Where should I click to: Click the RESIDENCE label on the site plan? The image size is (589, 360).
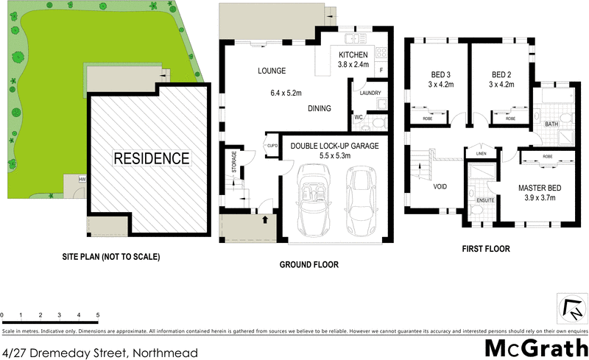pos(151,158)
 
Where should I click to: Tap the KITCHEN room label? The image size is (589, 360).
pos(352,56)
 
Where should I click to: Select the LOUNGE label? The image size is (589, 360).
pos(271,71)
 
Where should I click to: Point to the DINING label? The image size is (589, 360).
pos(319,108)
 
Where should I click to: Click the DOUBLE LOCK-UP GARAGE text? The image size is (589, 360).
pos(334,146)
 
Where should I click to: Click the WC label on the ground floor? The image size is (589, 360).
pos(359,117)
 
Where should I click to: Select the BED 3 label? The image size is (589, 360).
pos(441,74)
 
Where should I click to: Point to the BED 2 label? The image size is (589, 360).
pos(501,74)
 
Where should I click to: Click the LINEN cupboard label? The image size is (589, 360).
pos(482,153)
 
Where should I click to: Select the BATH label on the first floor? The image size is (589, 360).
pos(551,124)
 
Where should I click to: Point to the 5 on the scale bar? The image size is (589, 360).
pos(98,315)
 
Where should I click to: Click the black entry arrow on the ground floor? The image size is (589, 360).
pos(264,219)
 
